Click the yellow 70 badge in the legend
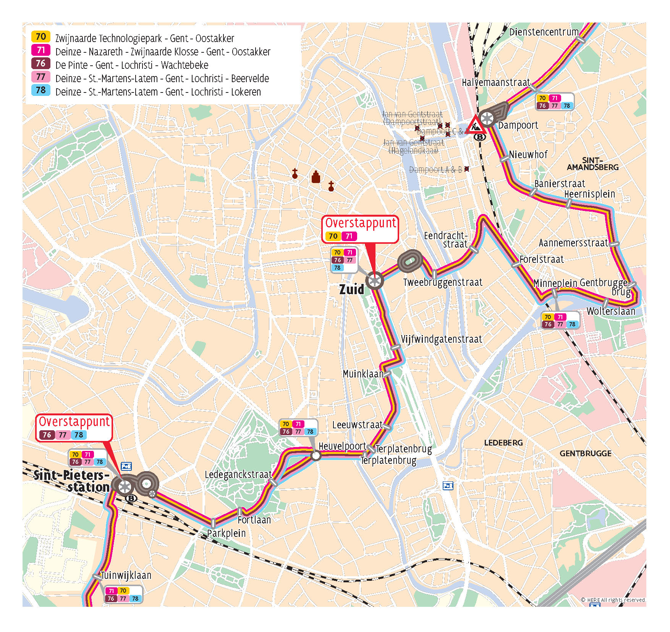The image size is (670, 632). (40, 37)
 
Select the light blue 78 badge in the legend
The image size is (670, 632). (40, 90)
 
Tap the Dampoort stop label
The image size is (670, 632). (518, 125)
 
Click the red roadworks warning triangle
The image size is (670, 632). (475, 124)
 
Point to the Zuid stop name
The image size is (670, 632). (351, 289)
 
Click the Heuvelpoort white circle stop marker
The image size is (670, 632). (316, 455)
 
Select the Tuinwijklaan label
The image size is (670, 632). (126, 575)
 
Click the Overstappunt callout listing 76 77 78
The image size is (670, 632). (74, 428)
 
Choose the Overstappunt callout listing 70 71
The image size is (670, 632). (360, 229)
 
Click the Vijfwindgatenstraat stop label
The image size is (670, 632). (441, 339)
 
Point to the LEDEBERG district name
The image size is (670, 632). (503, 443)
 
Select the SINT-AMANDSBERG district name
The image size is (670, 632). (592, 164)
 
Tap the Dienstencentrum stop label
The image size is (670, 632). (544, 32)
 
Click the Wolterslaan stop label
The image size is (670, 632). (610, 311)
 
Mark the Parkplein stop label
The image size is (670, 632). (226, 533)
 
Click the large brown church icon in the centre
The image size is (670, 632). (316, 177)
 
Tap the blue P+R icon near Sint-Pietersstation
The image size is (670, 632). (126, 466)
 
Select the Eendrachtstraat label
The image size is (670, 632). (446, 240)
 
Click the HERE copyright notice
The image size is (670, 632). (613, 600)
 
